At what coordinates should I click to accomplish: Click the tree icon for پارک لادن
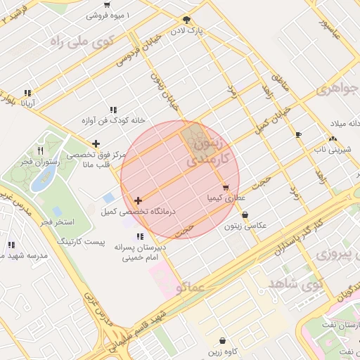click(186, 20)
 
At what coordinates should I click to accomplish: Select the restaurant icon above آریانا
click(27, 93)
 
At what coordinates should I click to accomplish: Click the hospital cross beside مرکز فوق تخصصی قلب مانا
click(96, 144)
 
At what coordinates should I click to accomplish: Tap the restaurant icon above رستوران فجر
click(40, 150)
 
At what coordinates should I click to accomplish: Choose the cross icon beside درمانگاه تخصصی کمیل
click(137, 201)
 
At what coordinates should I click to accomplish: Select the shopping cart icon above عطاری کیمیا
click(225, 188)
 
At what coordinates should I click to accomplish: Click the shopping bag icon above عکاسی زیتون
click(244, 215)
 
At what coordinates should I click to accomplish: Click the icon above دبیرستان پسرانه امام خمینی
click(140, 236)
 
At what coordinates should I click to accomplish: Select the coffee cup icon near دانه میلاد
click(299, 134)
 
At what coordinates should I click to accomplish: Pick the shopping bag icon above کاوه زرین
click(223, 340)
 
